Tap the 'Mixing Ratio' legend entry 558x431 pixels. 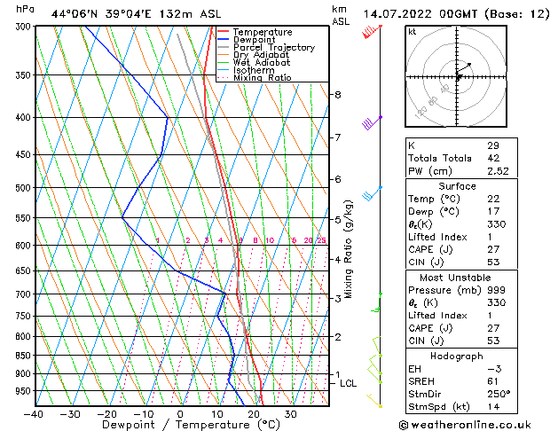click(262, 77)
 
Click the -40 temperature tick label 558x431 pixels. click(34, 413)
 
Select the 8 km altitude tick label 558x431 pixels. click(337, 95)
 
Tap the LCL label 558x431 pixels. click(348, 383)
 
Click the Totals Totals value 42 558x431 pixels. click(492, 158)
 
